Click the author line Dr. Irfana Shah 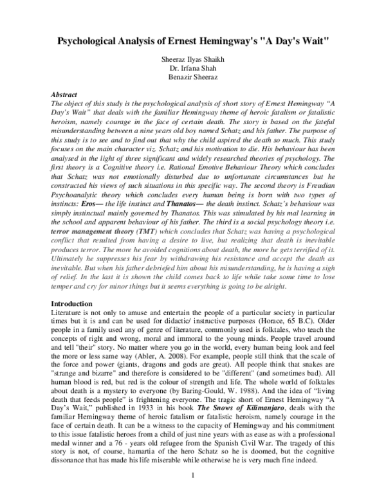click(x=193, y=68)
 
